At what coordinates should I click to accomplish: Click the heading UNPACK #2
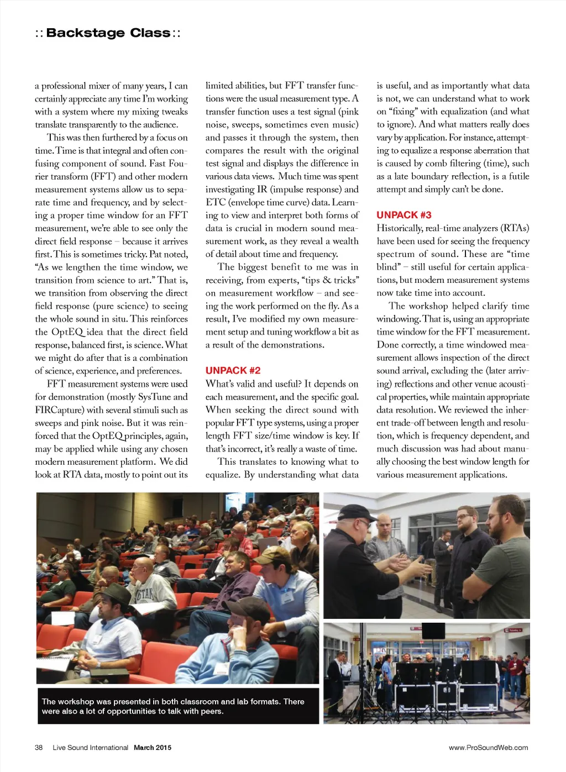233,370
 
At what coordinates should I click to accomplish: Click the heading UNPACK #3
403,215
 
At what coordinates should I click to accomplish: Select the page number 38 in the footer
39,748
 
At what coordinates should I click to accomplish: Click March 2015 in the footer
153,748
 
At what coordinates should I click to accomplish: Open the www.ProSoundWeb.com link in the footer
488,748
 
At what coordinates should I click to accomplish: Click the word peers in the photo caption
211,711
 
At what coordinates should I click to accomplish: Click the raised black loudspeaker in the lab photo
433,631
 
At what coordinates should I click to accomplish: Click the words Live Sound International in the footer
90,748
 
